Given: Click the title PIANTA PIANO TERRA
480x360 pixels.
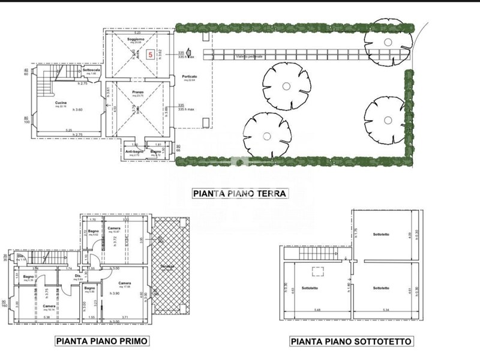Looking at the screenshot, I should coord(240,194).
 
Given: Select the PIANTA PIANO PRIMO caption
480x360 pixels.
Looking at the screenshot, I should coord(102,341).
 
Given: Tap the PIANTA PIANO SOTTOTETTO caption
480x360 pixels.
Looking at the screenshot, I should coord(351,341).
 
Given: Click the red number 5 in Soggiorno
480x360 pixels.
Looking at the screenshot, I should coord(151,53).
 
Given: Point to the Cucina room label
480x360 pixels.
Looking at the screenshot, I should coord(61,103).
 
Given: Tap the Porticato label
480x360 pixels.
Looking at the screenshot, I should coord(190,77).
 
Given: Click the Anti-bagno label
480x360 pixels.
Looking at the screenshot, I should coord(134,152).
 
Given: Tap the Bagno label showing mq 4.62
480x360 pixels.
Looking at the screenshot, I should coord(93,231).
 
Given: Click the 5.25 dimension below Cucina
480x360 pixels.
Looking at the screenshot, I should coord(69,130).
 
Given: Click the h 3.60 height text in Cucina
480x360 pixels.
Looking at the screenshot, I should coord(77,109).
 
